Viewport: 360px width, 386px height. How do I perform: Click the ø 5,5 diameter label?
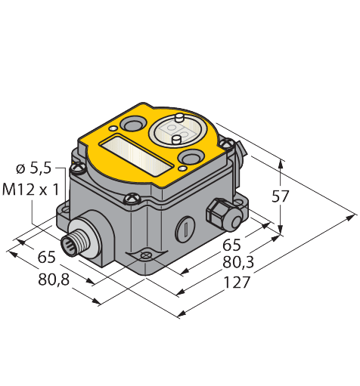pos(34,168)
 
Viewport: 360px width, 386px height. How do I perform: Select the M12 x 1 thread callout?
pos(30,190)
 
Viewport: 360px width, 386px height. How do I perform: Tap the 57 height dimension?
pos(280,196)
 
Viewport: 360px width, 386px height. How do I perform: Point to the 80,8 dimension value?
pos(54,279)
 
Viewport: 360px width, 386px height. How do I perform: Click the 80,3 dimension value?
pos(238,263)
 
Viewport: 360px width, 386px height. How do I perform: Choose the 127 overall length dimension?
pos(237,282)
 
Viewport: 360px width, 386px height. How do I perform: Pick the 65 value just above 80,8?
pos(46,258)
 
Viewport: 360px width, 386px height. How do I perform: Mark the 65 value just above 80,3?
pos(231,245)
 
